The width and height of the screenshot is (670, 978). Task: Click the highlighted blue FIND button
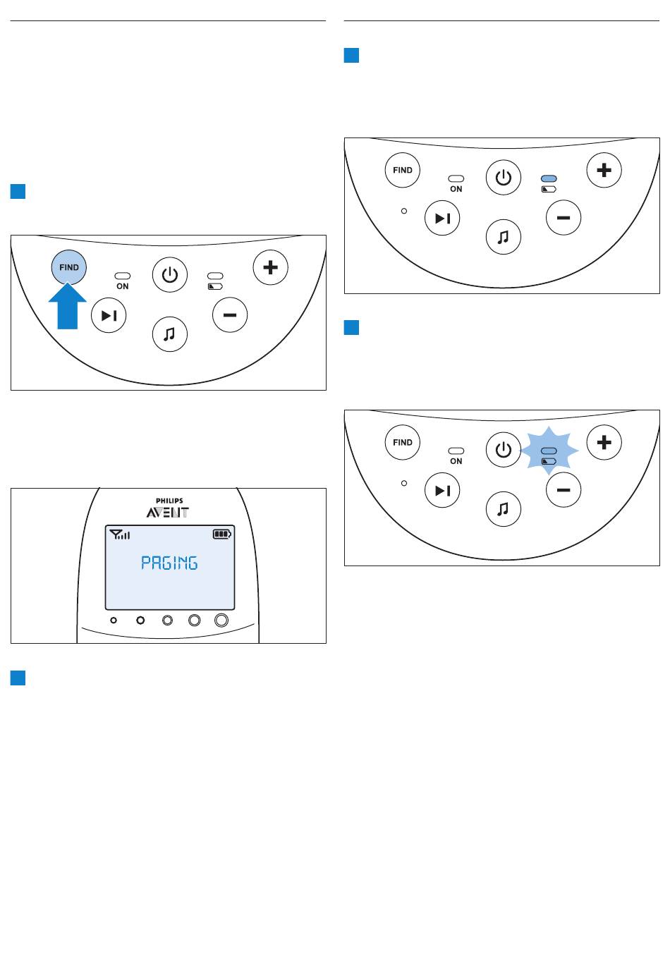click(68, 267)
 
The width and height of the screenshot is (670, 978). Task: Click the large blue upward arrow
click(67, 307)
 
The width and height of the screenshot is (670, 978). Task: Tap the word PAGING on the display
click(169, 563)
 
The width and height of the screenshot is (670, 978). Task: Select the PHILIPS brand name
click(169, 501)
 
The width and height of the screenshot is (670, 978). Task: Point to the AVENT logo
click(168, 512)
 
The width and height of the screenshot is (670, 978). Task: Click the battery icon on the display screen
click(222, 534)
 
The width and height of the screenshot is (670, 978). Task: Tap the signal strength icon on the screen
click(120, 534)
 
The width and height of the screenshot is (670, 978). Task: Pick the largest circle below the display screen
click(221, 620)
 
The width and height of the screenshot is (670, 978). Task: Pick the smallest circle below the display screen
click(114, 620)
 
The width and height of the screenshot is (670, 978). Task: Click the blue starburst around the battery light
click(549, 451)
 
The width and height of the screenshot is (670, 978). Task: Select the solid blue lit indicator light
click(549, 178)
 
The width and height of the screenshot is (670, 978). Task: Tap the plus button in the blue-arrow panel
click(270, 267)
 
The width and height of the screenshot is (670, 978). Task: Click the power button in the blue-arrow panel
click(170, 274)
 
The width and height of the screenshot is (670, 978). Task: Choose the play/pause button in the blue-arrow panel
click(109, 315)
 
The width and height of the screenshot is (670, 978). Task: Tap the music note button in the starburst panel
click(503, 509)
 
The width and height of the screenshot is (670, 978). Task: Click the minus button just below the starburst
click(564, 490)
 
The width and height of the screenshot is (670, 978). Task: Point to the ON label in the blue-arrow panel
click(122, 286)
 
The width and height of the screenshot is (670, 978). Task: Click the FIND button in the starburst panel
click(402, 442)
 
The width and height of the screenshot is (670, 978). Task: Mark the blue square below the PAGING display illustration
click(18, 678)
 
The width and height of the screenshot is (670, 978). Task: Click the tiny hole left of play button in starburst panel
click(404, 483)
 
